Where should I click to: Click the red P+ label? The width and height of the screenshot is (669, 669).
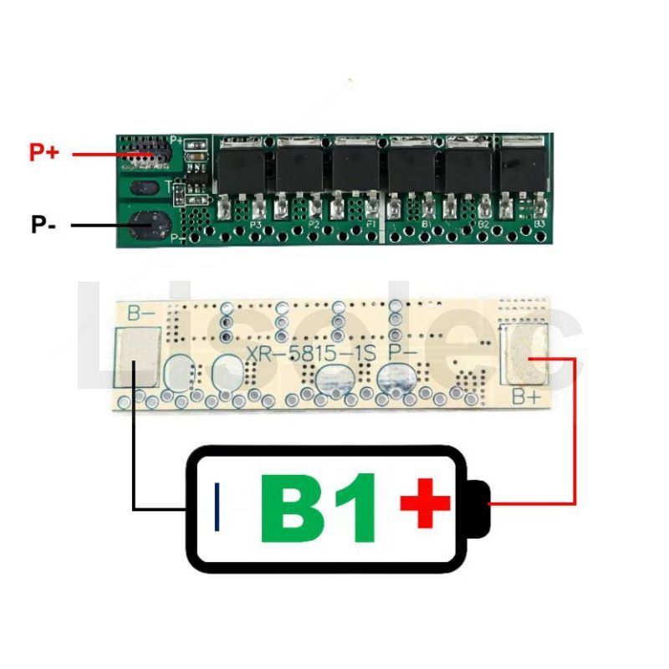pyautogui.click(x=43, y=153)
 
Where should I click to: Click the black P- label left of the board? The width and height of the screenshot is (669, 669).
pyautogui.click(x=43, y=225)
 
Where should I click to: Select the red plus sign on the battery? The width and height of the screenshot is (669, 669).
pyautogui.click(x=425, y=503)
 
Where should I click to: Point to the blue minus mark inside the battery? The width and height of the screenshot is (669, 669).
pyautogui.click(x=218, y=507)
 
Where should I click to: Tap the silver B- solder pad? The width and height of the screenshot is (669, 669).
pyautogui.click(x=135, y=356)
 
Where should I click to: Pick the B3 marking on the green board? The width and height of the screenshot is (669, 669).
pyautogui.click(x=539, y=224)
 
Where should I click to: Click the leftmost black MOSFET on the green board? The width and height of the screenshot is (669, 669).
pyautogui.click(x=243, y=167)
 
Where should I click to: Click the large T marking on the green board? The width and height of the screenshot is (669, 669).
pyautogui.click(x=170, y=186)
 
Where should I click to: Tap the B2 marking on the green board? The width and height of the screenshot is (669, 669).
pyautogui.click(x=483, y=225)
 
